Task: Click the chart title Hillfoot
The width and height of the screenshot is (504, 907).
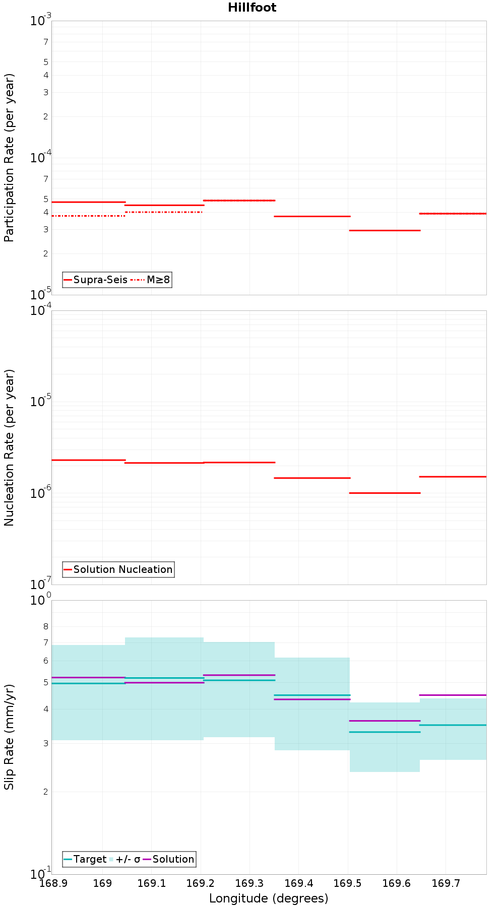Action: click(252, 8)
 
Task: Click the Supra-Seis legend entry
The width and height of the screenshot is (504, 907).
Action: click(95, 280)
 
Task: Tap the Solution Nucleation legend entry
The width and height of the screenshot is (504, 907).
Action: click(118, 569)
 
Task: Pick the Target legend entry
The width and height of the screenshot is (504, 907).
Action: click(85, 859)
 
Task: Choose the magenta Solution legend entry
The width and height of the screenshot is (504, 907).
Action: click(168, 859)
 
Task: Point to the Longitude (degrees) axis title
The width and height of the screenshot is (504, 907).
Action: click(269, 898)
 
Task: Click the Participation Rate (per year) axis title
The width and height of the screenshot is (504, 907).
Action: click(9, 158)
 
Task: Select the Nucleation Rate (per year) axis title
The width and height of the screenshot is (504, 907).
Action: click(9, 448)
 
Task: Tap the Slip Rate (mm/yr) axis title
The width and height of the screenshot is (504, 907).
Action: click(9, 737)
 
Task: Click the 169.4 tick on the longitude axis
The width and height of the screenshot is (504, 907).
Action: click(298, 883)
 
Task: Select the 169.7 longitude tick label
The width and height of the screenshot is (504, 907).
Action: click(446, 883)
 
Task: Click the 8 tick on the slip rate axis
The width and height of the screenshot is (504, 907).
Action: click(46, 626)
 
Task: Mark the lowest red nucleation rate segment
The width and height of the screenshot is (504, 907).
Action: click(385, 493)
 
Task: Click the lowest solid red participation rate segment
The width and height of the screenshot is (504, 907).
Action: click(385, 230)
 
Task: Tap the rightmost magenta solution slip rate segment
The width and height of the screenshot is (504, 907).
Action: click(453, 695)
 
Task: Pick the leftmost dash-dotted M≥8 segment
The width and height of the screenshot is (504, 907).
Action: click(88, 216)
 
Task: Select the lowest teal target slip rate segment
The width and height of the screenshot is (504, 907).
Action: click(385, 732)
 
